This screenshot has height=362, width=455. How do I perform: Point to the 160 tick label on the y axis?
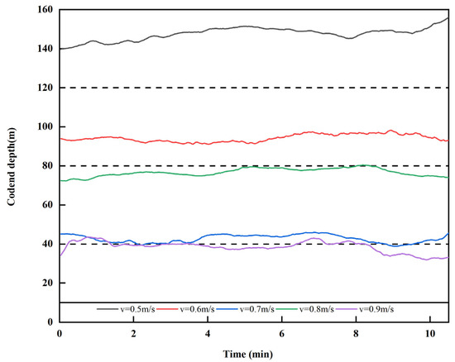(x=43, y=10)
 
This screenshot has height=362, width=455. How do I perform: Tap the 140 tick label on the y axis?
(x=43, y=49)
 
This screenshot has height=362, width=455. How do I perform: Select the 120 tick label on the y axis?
(x=43, y=88)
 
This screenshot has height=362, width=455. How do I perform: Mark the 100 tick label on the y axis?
(x=43, y=126)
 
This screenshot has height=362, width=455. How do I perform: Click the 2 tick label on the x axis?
(x=133, y=333)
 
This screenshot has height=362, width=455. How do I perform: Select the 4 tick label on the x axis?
(x=208, y=333)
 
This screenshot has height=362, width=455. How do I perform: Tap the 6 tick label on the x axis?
(x=281, y=333)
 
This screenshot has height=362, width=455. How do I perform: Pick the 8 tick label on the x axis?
(x=356, y=333)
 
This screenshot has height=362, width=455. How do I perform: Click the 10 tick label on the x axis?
(x=429, y=333)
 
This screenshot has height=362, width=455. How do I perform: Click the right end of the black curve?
(x=448, y=17)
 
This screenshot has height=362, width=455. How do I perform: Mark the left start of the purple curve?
(x=60, y=255)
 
